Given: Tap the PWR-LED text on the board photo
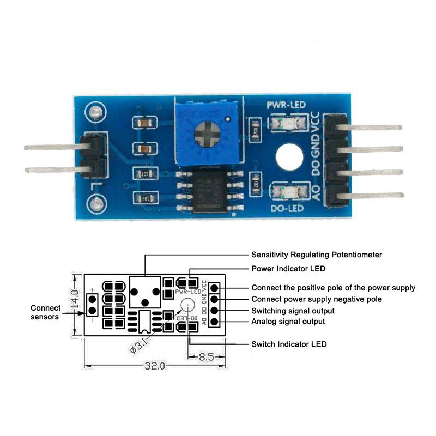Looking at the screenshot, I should tap(286, 105).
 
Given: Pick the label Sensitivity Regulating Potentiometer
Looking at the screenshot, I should tap(316, 255).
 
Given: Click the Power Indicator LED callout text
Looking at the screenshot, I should tap(288, 269).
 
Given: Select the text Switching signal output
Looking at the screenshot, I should tap(293, 311).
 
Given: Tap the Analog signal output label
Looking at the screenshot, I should tap(288, 322).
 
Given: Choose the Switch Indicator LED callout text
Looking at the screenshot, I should tap(289, 344).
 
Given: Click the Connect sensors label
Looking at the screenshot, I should tap(45, 312).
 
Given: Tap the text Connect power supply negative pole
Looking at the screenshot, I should tap(316, 299).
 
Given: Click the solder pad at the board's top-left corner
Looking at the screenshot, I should tap(96, 112).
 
